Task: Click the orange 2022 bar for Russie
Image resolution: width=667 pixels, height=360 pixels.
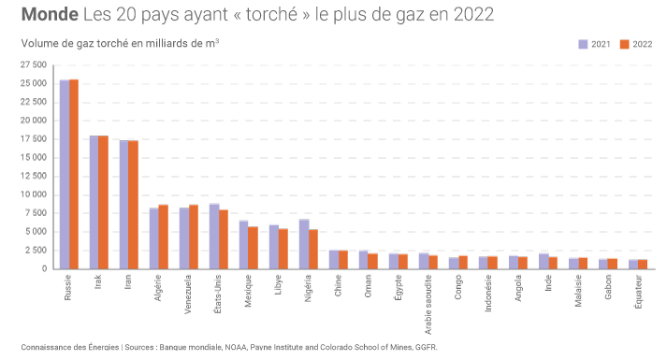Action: click(x=74, y=174)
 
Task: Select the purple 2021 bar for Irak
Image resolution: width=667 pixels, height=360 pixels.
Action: click(x=94, y=202)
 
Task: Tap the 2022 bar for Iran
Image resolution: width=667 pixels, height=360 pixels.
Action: click(x=134, y=205)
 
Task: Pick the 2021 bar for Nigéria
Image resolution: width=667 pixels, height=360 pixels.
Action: click(x=304, y=244)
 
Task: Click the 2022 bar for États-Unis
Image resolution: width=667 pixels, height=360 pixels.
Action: click(x=224, y=239)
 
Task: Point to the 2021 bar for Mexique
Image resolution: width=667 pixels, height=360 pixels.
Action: click(x=244, y=245)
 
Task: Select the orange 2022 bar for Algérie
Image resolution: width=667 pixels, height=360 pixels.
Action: click(x=164, y=237)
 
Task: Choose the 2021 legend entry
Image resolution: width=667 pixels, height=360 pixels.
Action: click(x=594, y=44)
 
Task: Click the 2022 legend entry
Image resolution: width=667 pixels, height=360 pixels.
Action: click(x=636, y=44)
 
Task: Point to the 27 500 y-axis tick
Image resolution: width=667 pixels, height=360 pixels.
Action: click(x=34, y=65)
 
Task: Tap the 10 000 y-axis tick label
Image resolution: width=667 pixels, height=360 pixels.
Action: click(x=34, y=194)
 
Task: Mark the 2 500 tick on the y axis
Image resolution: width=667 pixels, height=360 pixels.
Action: click(x=36, y=251)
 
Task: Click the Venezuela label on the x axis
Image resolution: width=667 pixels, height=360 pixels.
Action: click(x=188, y=295)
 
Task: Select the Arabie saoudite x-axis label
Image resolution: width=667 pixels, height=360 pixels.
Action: click(x=428, y=304)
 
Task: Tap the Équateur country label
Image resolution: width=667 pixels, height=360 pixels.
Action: click(x=638, y=291)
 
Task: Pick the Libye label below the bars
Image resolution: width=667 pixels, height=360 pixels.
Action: click(x=278, y=285)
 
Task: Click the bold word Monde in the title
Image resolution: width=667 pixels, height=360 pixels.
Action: click(x=50, y=14)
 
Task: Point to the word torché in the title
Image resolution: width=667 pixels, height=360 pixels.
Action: click(x=271, y=14)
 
